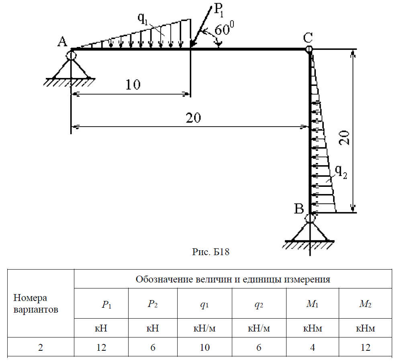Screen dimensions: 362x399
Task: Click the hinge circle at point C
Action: [308, 49]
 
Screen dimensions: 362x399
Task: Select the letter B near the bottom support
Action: [299, 209]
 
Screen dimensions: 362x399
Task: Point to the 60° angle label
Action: [224, 30]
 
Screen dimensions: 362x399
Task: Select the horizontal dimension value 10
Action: [133, 85]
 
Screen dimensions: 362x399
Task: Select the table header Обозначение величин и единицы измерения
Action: [233, 279]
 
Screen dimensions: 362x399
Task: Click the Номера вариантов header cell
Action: [36, 304]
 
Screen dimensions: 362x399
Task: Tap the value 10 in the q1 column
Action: [205, 348]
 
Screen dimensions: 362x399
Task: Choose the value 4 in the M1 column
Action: [313, 348]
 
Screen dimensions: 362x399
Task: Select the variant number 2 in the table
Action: [40, 348]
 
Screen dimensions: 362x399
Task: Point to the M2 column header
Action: [365, 304]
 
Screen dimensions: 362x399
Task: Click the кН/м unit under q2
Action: [259, 329]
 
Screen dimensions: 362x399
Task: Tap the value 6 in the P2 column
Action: [153, 348]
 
